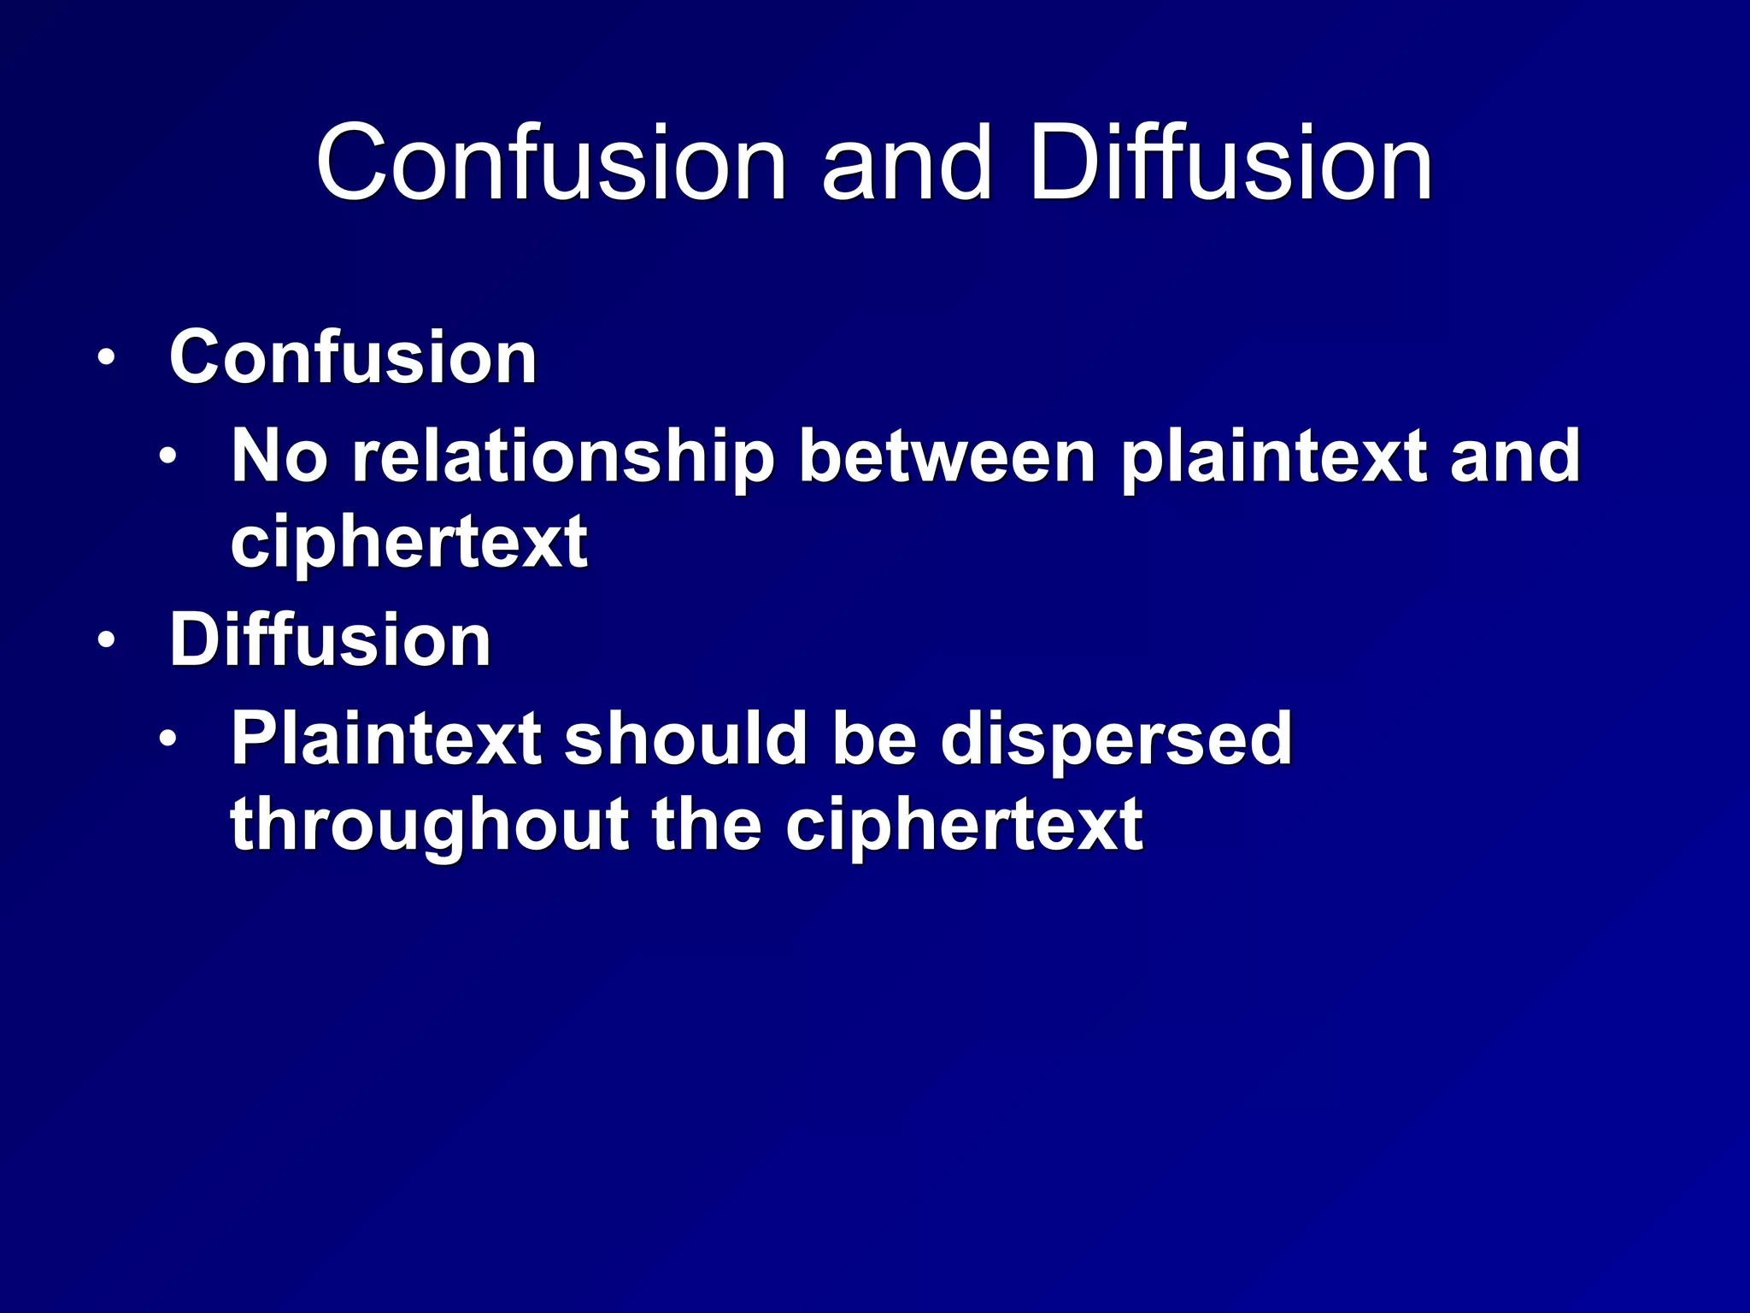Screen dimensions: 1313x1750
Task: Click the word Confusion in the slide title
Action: pos(551,162)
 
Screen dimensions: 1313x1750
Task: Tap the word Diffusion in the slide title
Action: pos(1230,162)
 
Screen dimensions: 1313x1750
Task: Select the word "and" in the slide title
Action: pos(907,162)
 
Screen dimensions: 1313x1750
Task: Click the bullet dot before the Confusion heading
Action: pos(105,358)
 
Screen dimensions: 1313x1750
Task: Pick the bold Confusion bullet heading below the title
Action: pos(353,357)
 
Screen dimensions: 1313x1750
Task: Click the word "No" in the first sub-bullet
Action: pos(279,456)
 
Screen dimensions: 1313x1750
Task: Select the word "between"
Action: pos(947,456)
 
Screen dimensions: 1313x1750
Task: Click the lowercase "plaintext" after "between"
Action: pos(1273,458)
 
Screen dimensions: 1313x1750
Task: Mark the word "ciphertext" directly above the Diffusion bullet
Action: pos(408,542)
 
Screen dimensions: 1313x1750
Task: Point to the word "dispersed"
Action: pos(1116,740)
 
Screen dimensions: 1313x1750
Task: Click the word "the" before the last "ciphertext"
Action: pos(707,824)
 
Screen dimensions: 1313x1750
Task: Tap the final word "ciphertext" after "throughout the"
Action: pos(964,826)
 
